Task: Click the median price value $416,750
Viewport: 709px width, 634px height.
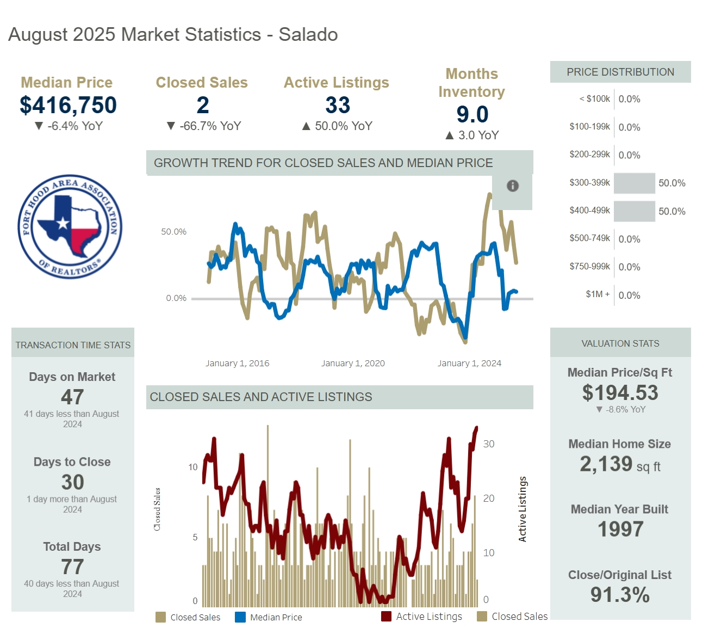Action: pos(68,105)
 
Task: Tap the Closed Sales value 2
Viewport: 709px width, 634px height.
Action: pos(202,105)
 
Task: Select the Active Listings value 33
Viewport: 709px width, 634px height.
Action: pos(337,105)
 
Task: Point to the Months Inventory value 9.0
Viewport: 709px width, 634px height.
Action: pos(472,114)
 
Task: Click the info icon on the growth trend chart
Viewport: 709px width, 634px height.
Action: pos(512,186)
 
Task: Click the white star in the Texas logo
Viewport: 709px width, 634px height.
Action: pos(63,223)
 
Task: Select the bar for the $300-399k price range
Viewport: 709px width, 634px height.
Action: pos(634,183)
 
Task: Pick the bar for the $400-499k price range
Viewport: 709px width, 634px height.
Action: pos(634,211)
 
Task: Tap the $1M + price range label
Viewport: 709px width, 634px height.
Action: pos(598,294)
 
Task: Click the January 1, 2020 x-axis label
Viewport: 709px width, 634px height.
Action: pos(353,364)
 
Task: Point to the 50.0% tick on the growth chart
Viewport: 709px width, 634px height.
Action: pos(173,232)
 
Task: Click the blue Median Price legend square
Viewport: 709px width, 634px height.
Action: pos(240,617)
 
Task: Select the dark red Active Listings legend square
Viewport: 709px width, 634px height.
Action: pos(386,616)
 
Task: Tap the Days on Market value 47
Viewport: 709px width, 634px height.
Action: pos(72,397)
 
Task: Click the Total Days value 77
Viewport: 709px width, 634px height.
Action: pos(72,567)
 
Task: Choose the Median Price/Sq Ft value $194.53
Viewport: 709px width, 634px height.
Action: pos(620,392)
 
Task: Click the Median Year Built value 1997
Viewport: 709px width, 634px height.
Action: pos(620,529)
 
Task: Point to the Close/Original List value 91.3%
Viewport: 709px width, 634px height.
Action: pos(620,595)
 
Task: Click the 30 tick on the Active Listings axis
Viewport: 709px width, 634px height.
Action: pos(489,444)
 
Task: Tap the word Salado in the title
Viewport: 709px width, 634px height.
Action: pos(308,35)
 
